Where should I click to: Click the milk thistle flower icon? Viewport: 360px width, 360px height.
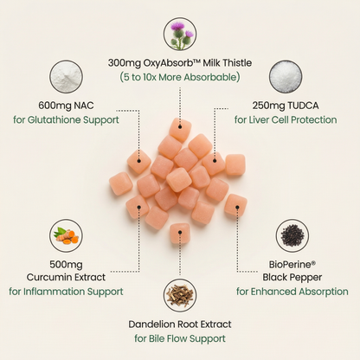point(180,34)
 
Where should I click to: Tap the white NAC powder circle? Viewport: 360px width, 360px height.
point(66,77)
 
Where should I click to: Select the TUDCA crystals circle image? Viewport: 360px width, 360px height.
point(286,77)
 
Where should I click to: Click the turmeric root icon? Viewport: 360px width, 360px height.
point(66,235)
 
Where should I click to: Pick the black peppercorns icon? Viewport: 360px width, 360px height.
point(292,235)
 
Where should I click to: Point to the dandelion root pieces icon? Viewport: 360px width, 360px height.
point(180,296)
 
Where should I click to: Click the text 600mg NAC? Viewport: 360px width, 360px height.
point(66,106)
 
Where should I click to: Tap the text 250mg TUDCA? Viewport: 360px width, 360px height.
point(286,106)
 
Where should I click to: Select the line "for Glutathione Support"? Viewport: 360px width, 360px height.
point(66,119)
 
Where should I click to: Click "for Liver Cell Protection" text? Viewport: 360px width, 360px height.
point(286,119)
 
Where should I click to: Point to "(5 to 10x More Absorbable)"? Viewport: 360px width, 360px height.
point(180,77)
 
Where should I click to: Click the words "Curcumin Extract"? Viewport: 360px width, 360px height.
point(66,277)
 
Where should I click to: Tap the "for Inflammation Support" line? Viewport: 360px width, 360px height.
point(66,292)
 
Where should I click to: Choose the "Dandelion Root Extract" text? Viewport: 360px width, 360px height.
point(180,325)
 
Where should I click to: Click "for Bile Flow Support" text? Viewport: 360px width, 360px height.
point(180,338)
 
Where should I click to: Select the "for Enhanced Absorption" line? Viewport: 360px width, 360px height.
point(292,292)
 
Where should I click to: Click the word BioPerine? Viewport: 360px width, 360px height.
point(290,264)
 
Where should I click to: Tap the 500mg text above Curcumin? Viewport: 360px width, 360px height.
point(66,264)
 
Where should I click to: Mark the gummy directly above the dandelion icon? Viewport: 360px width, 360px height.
point(180,233)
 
